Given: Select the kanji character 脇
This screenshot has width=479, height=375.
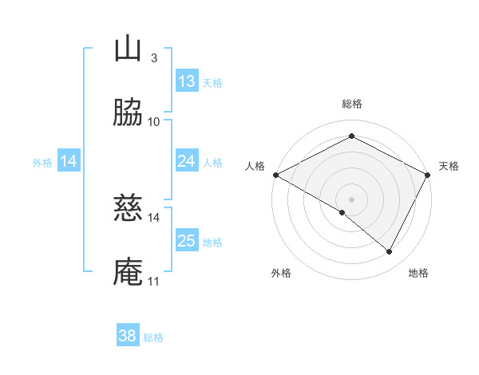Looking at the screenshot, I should point(128,113).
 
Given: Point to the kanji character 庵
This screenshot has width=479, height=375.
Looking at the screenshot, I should point(128,272).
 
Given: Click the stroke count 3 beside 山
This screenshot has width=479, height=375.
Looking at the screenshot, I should point(153,57).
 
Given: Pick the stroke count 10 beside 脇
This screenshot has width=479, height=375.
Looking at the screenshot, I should point(154,121).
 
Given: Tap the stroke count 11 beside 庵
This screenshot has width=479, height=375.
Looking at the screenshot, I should point(154,281).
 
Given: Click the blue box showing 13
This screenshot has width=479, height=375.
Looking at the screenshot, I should point(186,81).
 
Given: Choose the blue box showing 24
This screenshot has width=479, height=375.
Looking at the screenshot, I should point(186,161).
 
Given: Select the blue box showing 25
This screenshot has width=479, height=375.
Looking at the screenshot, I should point(186,241).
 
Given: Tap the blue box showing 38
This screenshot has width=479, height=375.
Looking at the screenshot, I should point(127,336).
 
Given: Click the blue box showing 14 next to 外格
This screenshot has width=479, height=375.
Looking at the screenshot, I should point(69,161).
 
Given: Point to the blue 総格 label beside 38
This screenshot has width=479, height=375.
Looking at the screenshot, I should point(153,337).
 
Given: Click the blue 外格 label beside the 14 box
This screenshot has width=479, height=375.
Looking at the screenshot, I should point(42,163).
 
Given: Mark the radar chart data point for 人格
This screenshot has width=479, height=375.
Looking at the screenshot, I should point(275,175).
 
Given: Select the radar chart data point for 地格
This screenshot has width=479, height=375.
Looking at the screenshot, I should point(390,252).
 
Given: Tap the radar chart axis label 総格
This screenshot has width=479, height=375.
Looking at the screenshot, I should point(352,104).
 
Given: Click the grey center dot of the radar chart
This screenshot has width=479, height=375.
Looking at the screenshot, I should point(352,199).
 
